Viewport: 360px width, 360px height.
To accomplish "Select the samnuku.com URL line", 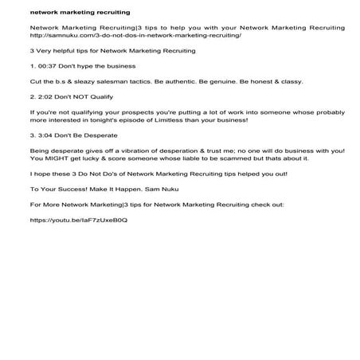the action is [x=135, y=36].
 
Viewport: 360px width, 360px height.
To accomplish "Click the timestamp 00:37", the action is [x=49, y=65].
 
